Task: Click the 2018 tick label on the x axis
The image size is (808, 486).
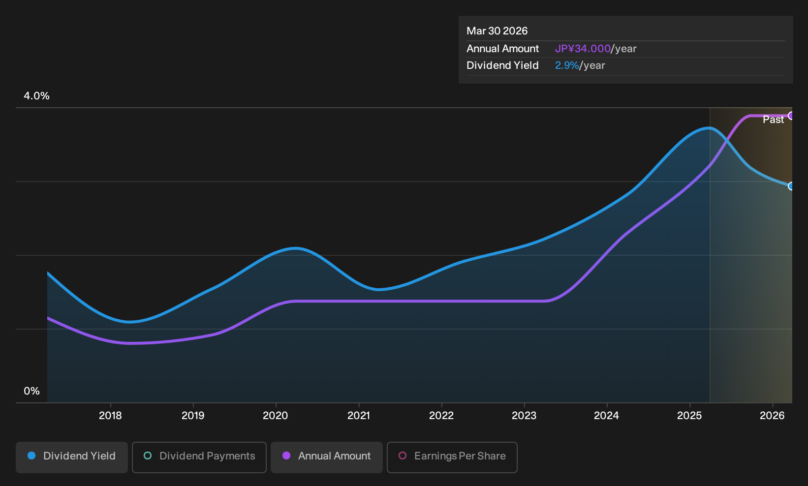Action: [110, 416]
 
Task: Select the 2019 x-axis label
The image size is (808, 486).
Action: [193, 416]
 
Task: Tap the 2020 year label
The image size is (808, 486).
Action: [275, 416]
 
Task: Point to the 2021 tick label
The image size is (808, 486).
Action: [359, 416]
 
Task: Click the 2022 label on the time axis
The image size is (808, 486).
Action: [441, 416]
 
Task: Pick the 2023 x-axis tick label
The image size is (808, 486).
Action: [524, 416]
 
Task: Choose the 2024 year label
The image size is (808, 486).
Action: [606, 416]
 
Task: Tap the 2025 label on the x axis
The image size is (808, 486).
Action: [689, 416]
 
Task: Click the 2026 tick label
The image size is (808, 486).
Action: [772, 416]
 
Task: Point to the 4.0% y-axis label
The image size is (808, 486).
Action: [36, 96]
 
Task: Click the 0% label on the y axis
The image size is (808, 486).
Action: [32, 391]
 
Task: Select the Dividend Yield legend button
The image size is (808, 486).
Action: [72, 457]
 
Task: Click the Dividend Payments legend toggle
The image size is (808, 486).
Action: [199, 457]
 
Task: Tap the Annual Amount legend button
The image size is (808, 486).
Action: [326, 457]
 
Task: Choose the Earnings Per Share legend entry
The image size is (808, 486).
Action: [452, 457]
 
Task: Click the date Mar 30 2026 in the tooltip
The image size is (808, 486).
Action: [497, 31]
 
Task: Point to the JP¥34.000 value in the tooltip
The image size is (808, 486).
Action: [583, 49]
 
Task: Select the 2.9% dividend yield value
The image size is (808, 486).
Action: [567, 65]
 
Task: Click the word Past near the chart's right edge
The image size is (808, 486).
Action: [773, 120]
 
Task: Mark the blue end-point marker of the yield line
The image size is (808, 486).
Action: [791, 186]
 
